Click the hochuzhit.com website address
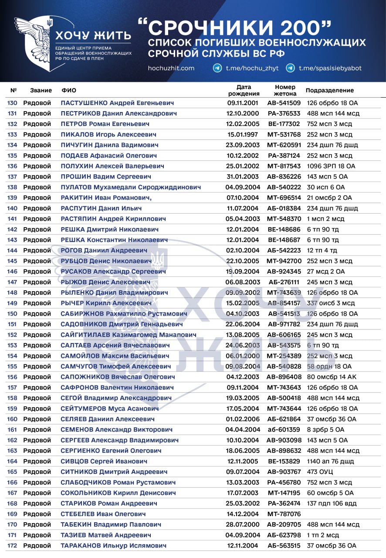click(x=171, y=68)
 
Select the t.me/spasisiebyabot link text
click(x=330, y=68)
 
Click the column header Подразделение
click(x=330, y=90)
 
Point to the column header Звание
click(x=41, y=90)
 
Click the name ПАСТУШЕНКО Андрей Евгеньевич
click(x=117, y=103)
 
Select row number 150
click(x=12, y=313)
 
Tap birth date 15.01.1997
click(x=243, y=134)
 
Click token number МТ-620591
click(x=284, y=145)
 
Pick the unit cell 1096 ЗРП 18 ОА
click(x=331, y=166)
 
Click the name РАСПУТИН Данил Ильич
click(x=101, y=208)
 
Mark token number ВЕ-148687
click(x=284, y=240)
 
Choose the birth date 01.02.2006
click(x=243, y=419)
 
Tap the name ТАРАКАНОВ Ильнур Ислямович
click(x=113, y=545)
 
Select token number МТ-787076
click(x=284, y=514)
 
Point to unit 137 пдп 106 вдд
click(x=332, y=504)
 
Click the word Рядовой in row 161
click(x=37, y=429)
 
